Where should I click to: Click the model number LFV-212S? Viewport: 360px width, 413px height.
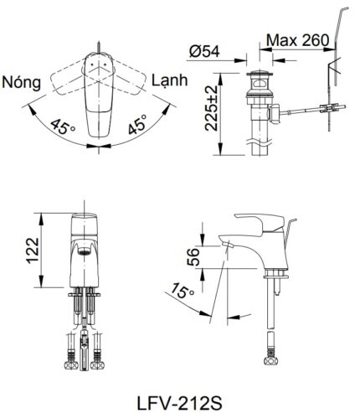pyautogui.click(x=181, y=393)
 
